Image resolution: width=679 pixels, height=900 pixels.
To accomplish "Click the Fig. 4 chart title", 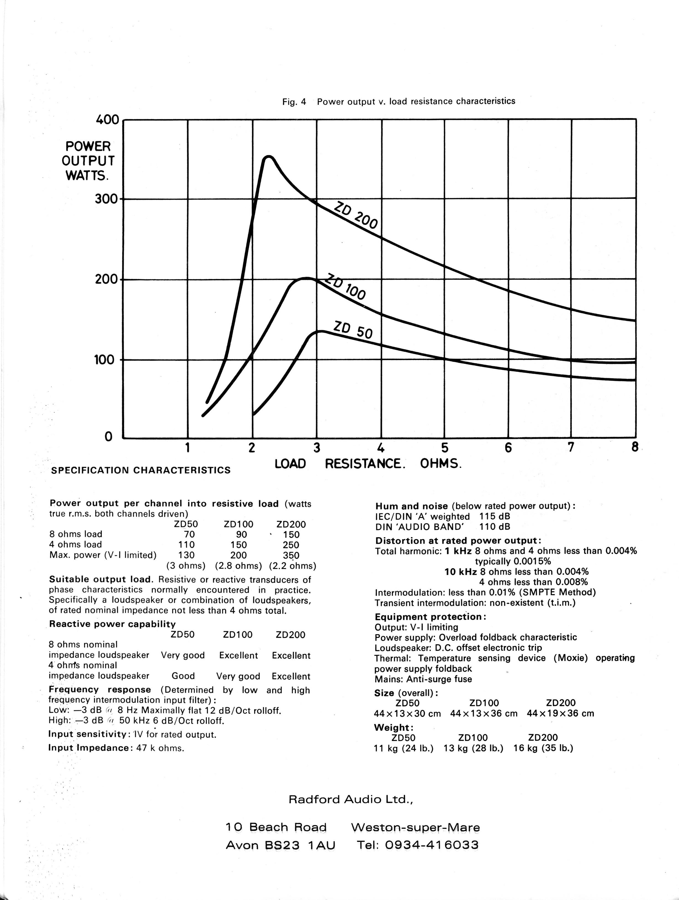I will click(399, 101).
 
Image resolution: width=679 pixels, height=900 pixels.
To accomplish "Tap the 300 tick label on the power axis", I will click(106, 199).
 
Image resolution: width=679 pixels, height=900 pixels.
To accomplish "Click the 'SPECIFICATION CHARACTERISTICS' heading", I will click(141, 470).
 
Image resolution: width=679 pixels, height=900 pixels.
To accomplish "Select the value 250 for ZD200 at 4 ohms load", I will click(291, 545).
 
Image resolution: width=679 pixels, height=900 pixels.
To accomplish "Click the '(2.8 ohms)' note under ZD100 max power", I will click(238, 566).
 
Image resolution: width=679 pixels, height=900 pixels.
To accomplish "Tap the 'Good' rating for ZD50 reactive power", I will click(183, 676).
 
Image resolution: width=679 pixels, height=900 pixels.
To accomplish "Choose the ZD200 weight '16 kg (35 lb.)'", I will click(543, 748).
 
